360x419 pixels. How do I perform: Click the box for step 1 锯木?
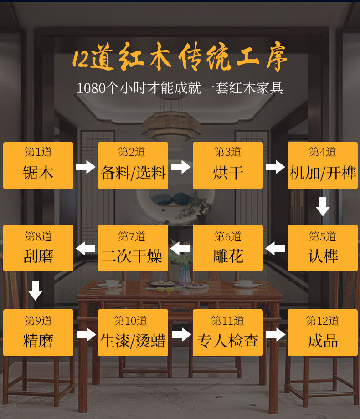pos(38,165)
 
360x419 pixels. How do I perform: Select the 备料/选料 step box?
pos(133,165)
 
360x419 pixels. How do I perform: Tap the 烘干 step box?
pos(228,165)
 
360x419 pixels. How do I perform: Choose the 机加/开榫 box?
pos(323,165)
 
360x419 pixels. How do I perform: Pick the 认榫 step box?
pos(323,248)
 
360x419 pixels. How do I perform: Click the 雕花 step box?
pos(228,248)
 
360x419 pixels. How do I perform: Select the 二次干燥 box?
pos(133,248)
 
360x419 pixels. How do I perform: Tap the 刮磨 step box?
pos(38,248)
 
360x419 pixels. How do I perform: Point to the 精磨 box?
pos(38,332)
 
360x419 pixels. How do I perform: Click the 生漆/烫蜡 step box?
pos(133,332)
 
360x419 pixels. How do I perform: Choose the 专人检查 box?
pos(228,332)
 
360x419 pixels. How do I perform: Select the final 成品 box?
pos(323,332)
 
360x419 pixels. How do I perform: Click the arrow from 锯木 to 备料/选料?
pos(86,166)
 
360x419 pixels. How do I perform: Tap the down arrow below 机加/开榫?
pos(323,206)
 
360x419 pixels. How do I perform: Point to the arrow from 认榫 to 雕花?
pos(275,249)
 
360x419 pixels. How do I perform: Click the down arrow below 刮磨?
pos(36,291)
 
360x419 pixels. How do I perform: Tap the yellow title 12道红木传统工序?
pos(180,58)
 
